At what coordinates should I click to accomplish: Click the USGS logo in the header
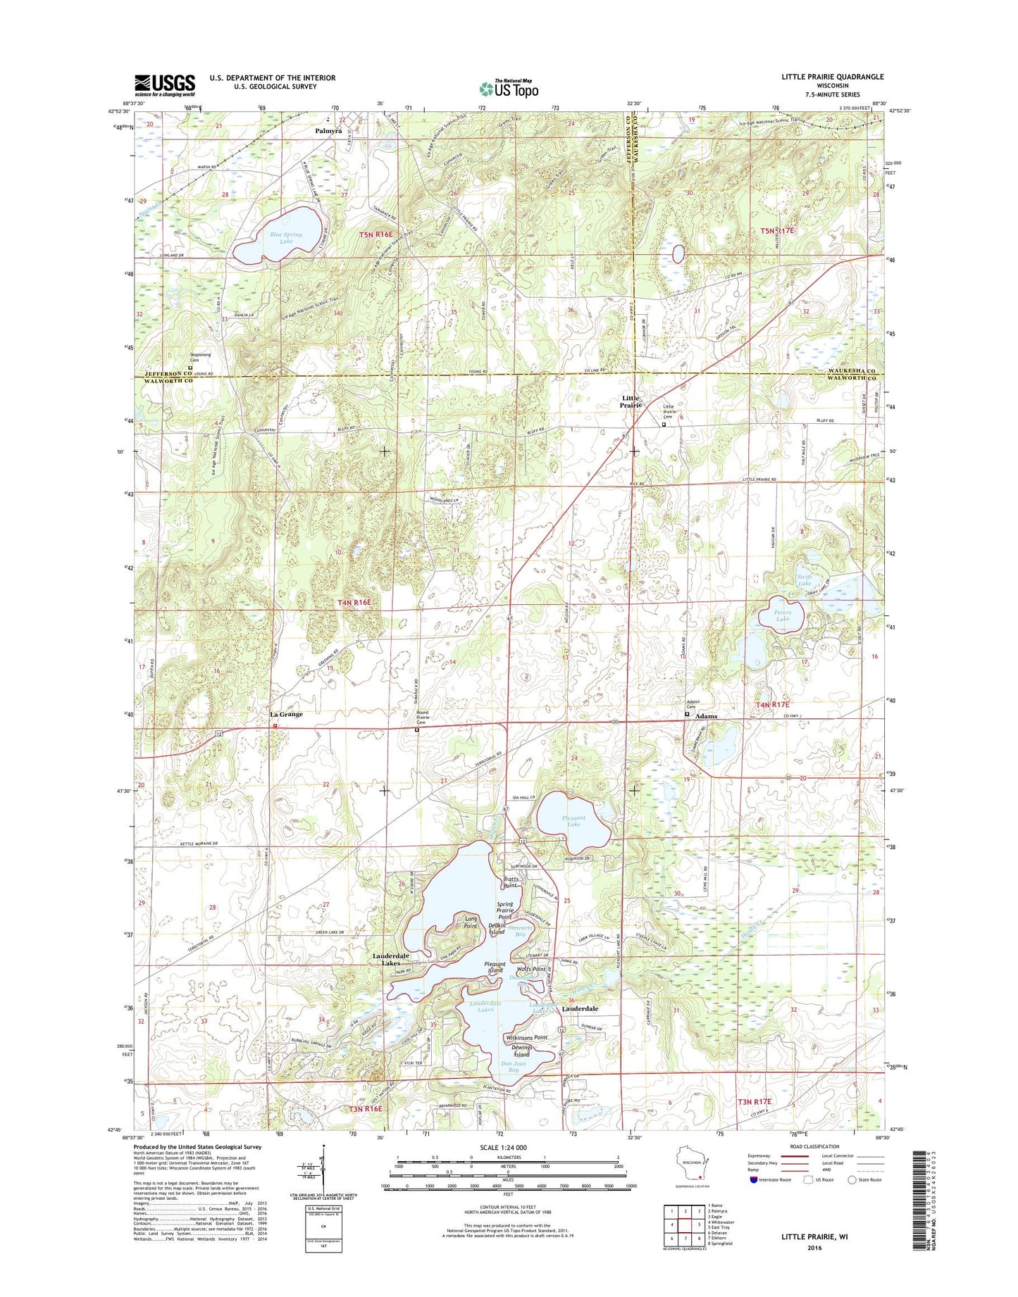[x=165, y=85]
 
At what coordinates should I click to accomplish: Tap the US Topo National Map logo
[x=509, y=88]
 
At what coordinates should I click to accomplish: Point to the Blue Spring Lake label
[x=285, y=238]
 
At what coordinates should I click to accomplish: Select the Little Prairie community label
[x=631, y=402]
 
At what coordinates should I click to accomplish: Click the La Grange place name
[x=286, y=714]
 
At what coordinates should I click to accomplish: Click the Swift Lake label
[x=805, y=581]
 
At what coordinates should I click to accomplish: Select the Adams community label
[x=707, y=716]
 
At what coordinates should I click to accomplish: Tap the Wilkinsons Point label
[x=526, y=1038]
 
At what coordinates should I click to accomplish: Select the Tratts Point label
[x=511, y=882]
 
